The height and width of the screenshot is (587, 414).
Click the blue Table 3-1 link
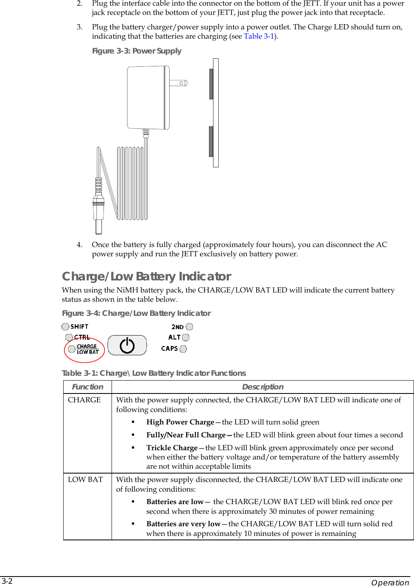(259, 36)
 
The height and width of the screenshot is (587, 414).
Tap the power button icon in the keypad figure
(127, 345)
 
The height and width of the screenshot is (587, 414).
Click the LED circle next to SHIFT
(65, 327)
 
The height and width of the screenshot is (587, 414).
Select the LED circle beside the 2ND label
(189, 327)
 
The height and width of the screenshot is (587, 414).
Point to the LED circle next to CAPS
(183, 349)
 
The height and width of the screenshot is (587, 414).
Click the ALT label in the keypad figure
(174, 338)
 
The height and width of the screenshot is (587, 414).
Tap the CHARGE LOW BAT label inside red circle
(87, 349)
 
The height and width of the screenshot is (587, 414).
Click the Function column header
(87, 387)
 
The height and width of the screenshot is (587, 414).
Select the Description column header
(263, 387)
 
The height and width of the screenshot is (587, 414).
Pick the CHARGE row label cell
(85, 400)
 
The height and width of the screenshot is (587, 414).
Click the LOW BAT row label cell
(85, 480)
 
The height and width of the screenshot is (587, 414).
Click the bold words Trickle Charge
(172, 448)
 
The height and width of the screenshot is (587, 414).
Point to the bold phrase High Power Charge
(180, 422)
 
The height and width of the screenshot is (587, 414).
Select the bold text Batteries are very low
(183, 524)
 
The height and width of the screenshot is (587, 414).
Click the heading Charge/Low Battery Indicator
(147, 276)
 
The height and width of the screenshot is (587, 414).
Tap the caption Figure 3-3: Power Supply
(137, 51)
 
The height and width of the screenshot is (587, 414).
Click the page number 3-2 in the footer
(7, 581)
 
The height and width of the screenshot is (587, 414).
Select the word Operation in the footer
(390, 583)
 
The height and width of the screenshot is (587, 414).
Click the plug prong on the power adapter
(178, 83)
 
